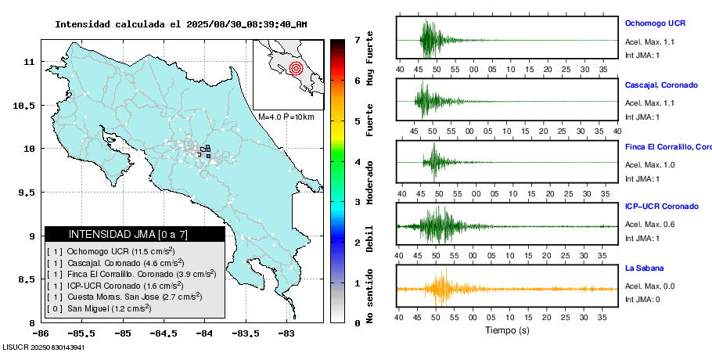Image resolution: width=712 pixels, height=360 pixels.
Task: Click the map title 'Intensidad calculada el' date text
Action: (x=180, y=24)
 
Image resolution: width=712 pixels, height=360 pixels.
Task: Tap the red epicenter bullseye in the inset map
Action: (x=295, y=68)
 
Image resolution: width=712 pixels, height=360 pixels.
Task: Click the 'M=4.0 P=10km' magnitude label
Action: (x=286, y=117)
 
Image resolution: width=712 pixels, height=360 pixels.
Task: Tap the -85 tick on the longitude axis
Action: (x=122, y=333)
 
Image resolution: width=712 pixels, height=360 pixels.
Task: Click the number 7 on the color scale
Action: (x=357, y=40)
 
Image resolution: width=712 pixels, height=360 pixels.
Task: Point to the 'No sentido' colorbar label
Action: (x=370, y=297)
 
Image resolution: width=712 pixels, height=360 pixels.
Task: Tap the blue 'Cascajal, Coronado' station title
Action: (x=661, y=85)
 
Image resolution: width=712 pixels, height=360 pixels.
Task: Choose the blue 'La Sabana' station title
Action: (x=644, y=268)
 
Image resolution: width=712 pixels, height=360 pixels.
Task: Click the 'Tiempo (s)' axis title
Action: (x=508, y=330)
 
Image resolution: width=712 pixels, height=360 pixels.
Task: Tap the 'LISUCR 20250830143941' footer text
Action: (x=44, y=347)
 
